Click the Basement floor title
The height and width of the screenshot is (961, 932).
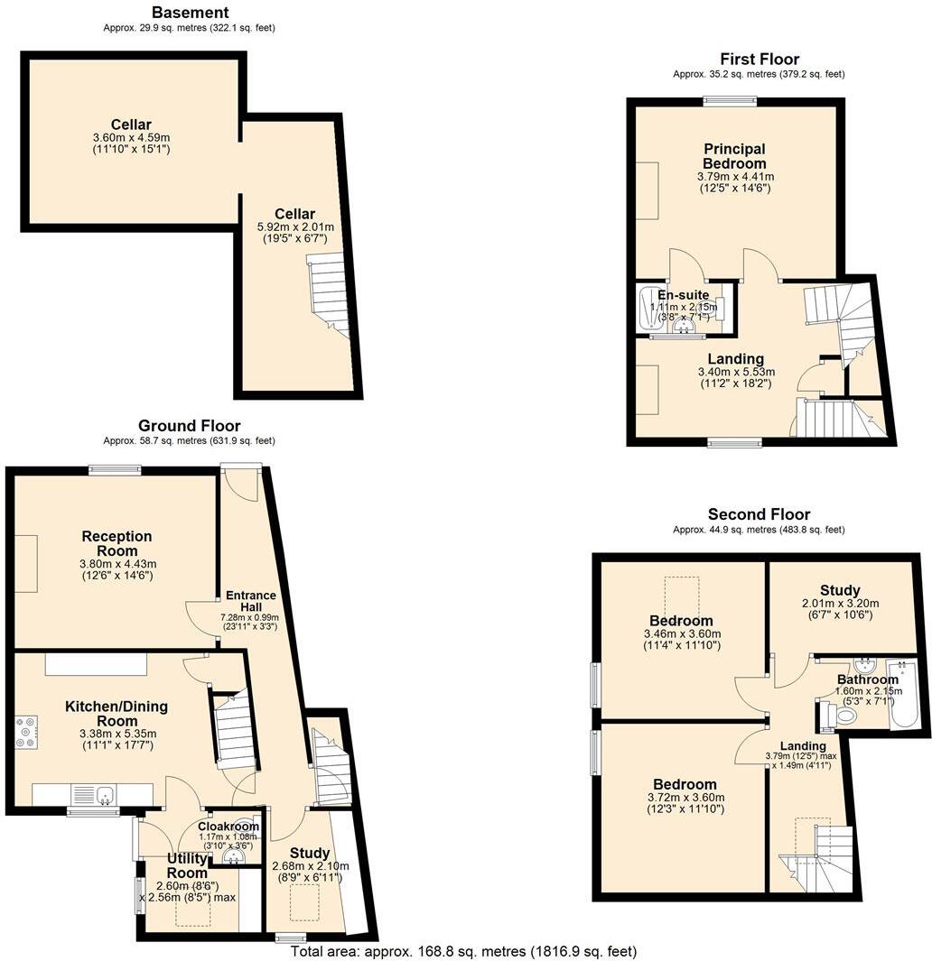[190, 13]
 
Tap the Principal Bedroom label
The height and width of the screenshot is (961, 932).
[734, 155]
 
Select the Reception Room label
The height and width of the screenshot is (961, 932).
[116, 543]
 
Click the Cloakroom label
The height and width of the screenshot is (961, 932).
[228, 826]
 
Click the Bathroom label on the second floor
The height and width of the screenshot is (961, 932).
[867, 679]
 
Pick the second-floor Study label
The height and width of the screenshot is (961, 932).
[840, 591]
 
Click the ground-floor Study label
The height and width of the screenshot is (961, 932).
[310, 853]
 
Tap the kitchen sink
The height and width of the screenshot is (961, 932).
[106, 795]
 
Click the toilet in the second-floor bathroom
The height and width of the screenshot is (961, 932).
[843, 716]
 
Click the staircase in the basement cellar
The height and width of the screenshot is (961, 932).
[329, 293]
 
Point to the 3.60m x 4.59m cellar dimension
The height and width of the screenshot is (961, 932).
[131, 137]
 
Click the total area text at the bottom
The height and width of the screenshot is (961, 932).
[463, 951]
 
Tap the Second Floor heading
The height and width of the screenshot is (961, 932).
[759, 514]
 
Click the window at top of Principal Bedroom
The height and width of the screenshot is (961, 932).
[731, 100]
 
